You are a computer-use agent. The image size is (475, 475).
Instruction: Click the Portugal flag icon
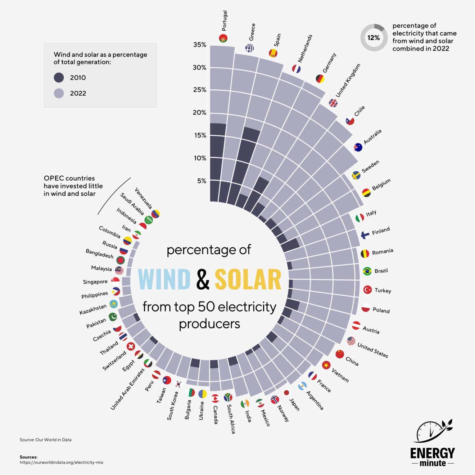(x=223, y=38)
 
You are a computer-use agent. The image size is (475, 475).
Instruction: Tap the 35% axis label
(x=200, y=45)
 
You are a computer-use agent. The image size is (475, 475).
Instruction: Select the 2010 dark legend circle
(x=59, y=77)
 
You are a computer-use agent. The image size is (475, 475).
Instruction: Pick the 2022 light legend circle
(x=59, y=93)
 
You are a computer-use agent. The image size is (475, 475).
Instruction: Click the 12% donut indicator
(x=373, y=37)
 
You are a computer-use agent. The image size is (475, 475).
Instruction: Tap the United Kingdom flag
(x=333, y=103)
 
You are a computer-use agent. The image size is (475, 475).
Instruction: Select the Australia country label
(x=372, y=137)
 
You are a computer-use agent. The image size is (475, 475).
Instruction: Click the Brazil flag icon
(x=367, y=271)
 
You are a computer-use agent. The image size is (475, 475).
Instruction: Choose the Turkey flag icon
(x=367, y=289)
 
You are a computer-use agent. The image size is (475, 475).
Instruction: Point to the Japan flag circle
(x=287, y=393)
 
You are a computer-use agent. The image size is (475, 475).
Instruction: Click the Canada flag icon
(x=215, y=398)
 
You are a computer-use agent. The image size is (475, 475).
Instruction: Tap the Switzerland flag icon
(x=131, y=346)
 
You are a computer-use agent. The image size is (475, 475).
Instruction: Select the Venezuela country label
(x=144, y=198)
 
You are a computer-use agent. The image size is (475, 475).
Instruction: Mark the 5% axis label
(x=202, y=181)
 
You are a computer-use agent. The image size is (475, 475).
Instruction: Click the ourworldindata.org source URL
(x=62, y=462)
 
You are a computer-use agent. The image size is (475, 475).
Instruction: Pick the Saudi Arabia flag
(x=148, y=220)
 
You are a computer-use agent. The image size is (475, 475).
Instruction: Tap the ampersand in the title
(x=203, y=279)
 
